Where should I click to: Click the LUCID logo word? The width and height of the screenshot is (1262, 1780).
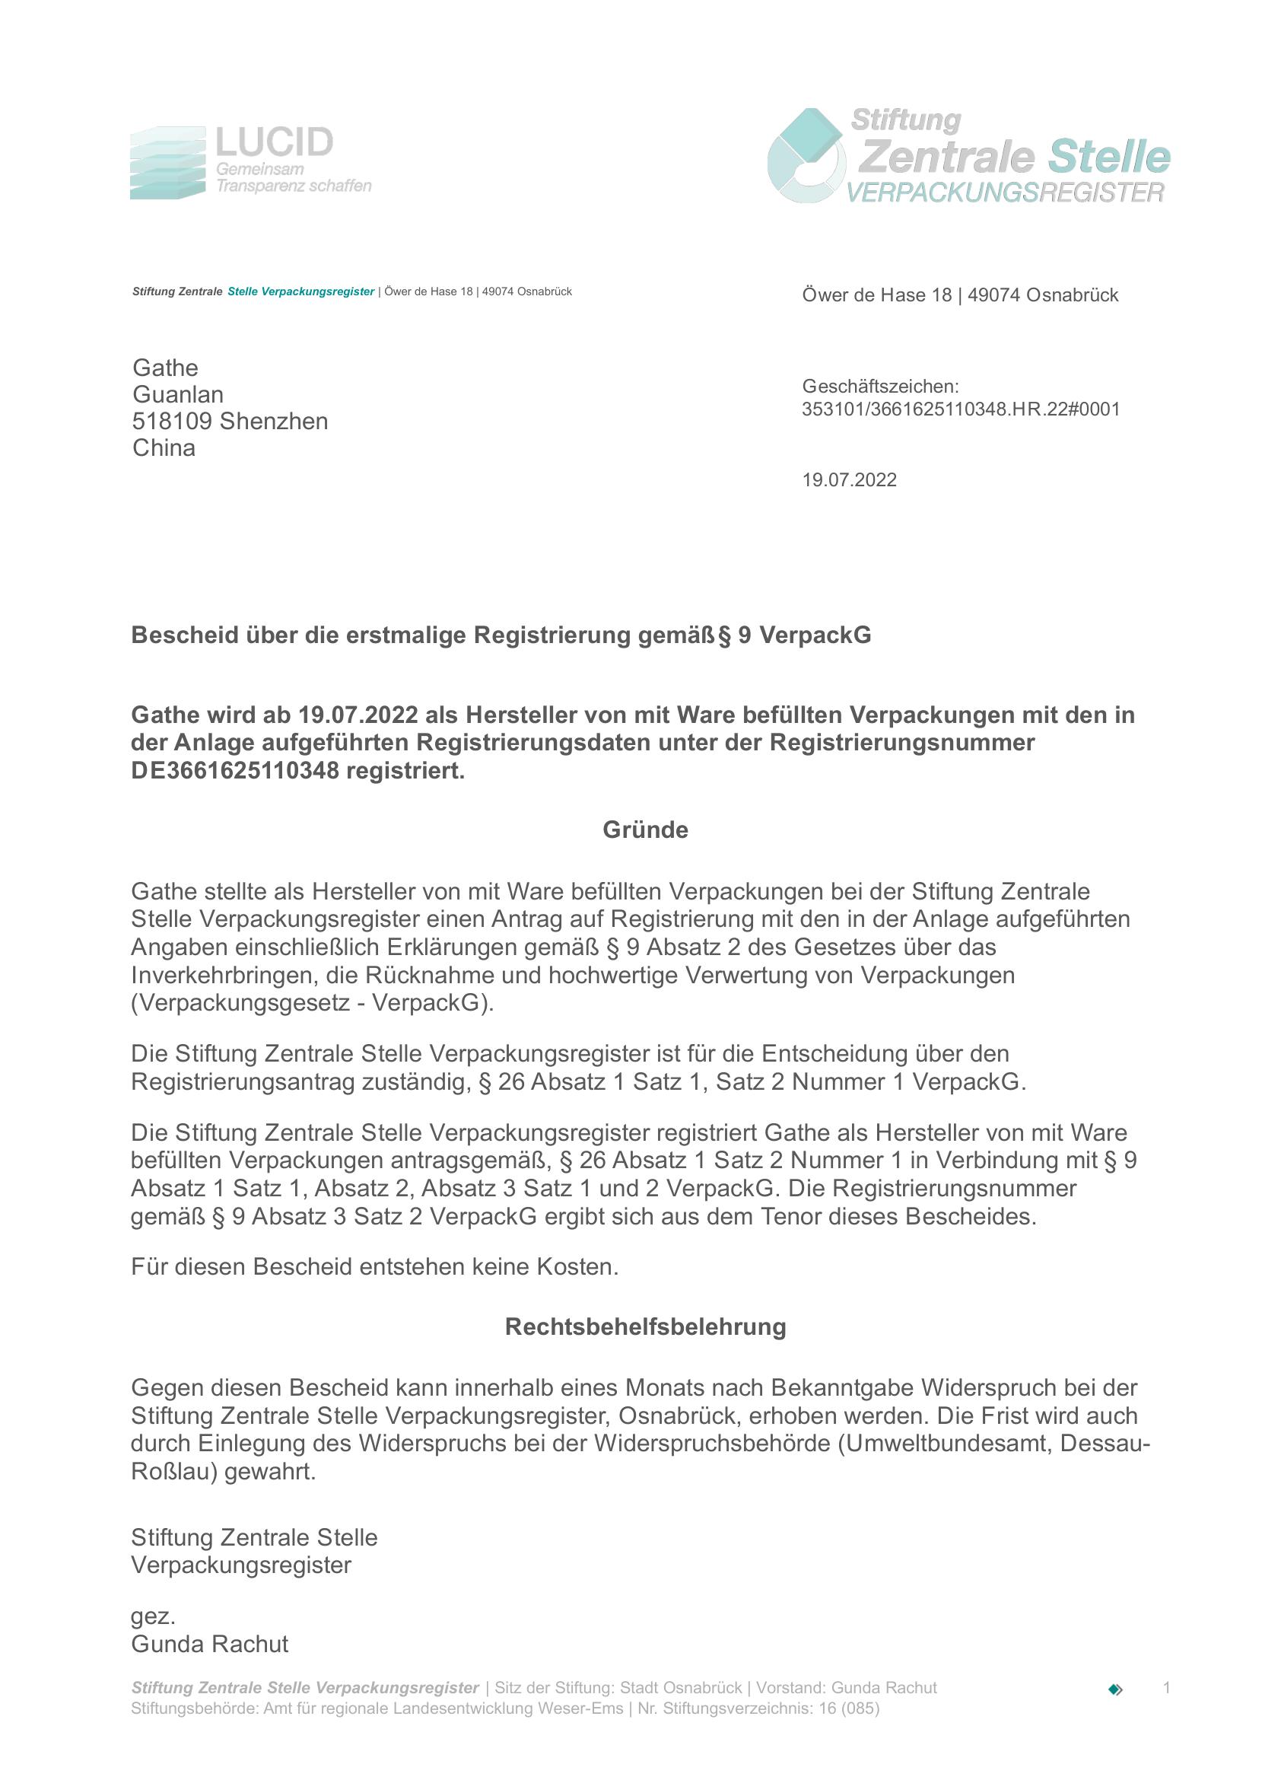point(274,142)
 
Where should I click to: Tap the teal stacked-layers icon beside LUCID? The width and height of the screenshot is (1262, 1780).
point(167,163)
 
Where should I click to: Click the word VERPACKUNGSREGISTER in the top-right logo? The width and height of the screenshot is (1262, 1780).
point(1005,192)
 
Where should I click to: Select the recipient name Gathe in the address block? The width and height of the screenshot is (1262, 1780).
point(165,368)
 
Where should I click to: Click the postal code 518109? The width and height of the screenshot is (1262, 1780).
point(172,422)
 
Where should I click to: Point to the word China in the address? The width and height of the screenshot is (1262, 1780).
point(164,448)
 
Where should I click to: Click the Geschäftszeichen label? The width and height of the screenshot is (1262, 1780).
point(879,387)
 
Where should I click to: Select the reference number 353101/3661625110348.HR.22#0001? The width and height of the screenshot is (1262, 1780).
point(961,409)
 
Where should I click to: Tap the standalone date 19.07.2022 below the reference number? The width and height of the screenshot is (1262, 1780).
point(849,479)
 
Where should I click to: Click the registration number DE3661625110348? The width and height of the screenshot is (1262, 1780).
point(235,771)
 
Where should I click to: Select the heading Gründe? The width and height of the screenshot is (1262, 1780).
point(645,830)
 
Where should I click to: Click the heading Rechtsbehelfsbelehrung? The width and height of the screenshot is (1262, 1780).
point(645,1327)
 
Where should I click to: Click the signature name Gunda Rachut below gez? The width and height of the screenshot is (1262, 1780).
point(209,1644)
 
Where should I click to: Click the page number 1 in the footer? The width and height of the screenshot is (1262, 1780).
point(1165,1687)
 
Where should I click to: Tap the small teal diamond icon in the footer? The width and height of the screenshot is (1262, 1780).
point(1115,1689)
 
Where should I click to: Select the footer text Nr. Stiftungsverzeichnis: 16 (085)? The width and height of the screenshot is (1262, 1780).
point(758,1708)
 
